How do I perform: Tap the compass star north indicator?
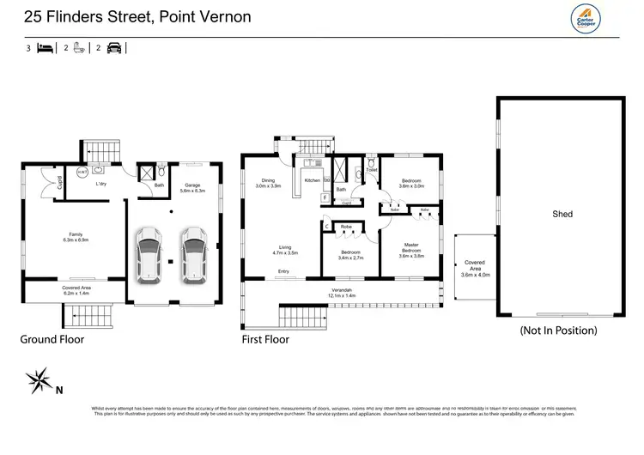pyautogui.click(x=39, y=379)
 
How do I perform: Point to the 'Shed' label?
pyautogui.click(x=562, y=214)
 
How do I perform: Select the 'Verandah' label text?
pyautogui.click(x=344, y=291)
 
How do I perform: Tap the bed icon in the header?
pyautogui.click(x=44, y=49)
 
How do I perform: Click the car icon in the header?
pyautogui.click(x=115, y=49)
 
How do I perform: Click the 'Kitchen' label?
pyautogui.click(x=313, y=181)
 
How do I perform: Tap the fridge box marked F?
pyautogui.click(x=325, y=198)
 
